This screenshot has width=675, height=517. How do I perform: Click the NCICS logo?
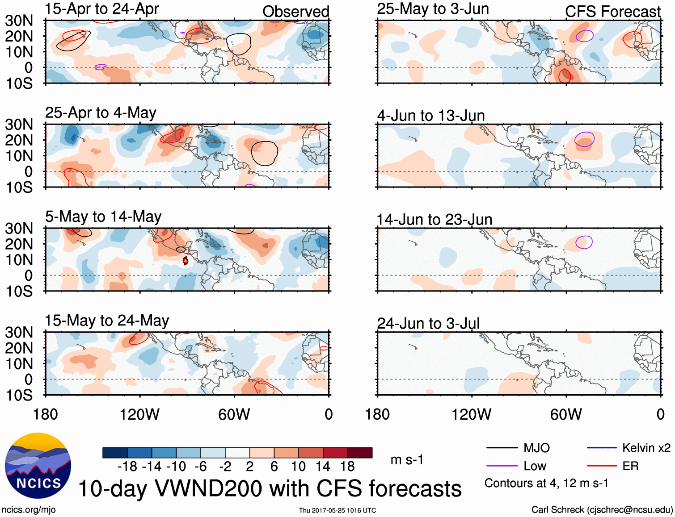(38, 466)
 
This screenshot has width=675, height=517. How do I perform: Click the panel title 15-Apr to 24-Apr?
(101, 8)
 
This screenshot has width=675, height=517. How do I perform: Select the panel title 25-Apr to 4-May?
(101, 113)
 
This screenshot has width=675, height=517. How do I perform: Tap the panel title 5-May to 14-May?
(103, 217)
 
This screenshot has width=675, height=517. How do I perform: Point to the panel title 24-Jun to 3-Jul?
(428, 323)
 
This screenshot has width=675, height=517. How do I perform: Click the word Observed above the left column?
(295, 12)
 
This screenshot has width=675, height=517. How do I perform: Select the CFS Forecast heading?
(612, 12)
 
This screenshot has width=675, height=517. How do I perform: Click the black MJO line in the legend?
(502, 448)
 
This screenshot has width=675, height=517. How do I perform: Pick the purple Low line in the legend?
(502, 466)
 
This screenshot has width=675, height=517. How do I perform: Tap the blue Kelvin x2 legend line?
(602, 448)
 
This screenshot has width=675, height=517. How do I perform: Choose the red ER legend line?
(602, 466)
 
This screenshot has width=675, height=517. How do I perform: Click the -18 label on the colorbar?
(127, 467)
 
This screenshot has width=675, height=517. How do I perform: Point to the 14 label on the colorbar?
(323, 467)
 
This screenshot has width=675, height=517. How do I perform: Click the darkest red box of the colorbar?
(360, 453)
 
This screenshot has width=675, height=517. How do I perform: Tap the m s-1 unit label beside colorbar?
(407, 459)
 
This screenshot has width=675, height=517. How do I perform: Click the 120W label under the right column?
(471, 414)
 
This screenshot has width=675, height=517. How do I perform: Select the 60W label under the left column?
(234, 414)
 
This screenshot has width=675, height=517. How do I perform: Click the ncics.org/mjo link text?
(29, 510)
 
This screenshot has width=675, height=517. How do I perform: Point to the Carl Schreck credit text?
(602, 510)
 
